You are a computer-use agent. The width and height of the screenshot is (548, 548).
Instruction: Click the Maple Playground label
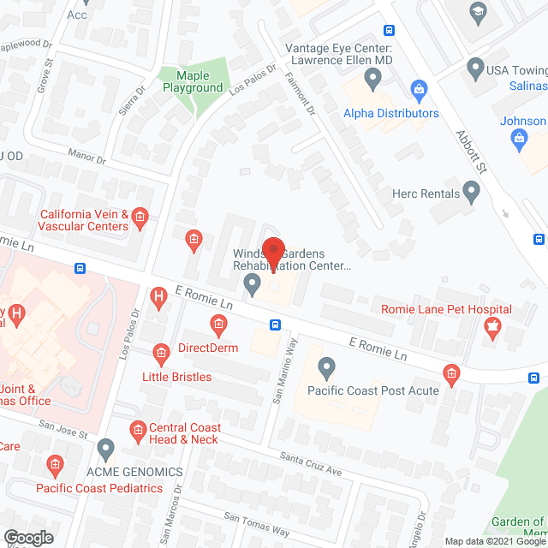(194, 82)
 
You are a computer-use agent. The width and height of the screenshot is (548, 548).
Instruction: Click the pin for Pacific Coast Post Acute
(326, 369)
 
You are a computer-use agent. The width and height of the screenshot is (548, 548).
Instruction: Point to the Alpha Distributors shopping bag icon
(419, 88)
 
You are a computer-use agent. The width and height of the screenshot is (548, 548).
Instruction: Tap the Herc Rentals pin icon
(471, 189)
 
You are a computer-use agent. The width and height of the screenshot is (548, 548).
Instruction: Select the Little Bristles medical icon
(160, 353)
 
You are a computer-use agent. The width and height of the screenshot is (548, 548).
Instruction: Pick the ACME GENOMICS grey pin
(105, 448)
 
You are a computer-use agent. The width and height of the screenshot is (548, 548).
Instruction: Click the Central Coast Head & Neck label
(185, 433)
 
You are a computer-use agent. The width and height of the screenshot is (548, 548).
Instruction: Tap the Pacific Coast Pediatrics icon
(54, 466)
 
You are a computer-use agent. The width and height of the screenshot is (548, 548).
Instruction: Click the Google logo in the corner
(27, 537)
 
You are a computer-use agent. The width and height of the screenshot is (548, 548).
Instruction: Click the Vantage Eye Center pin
(372, 80)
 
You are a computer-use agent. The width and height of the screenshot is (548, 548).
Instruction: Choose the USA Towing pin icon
(475, 66)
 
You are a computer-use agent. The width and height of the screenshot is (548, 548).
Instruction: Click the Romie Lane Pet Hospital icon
(491, 325)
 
